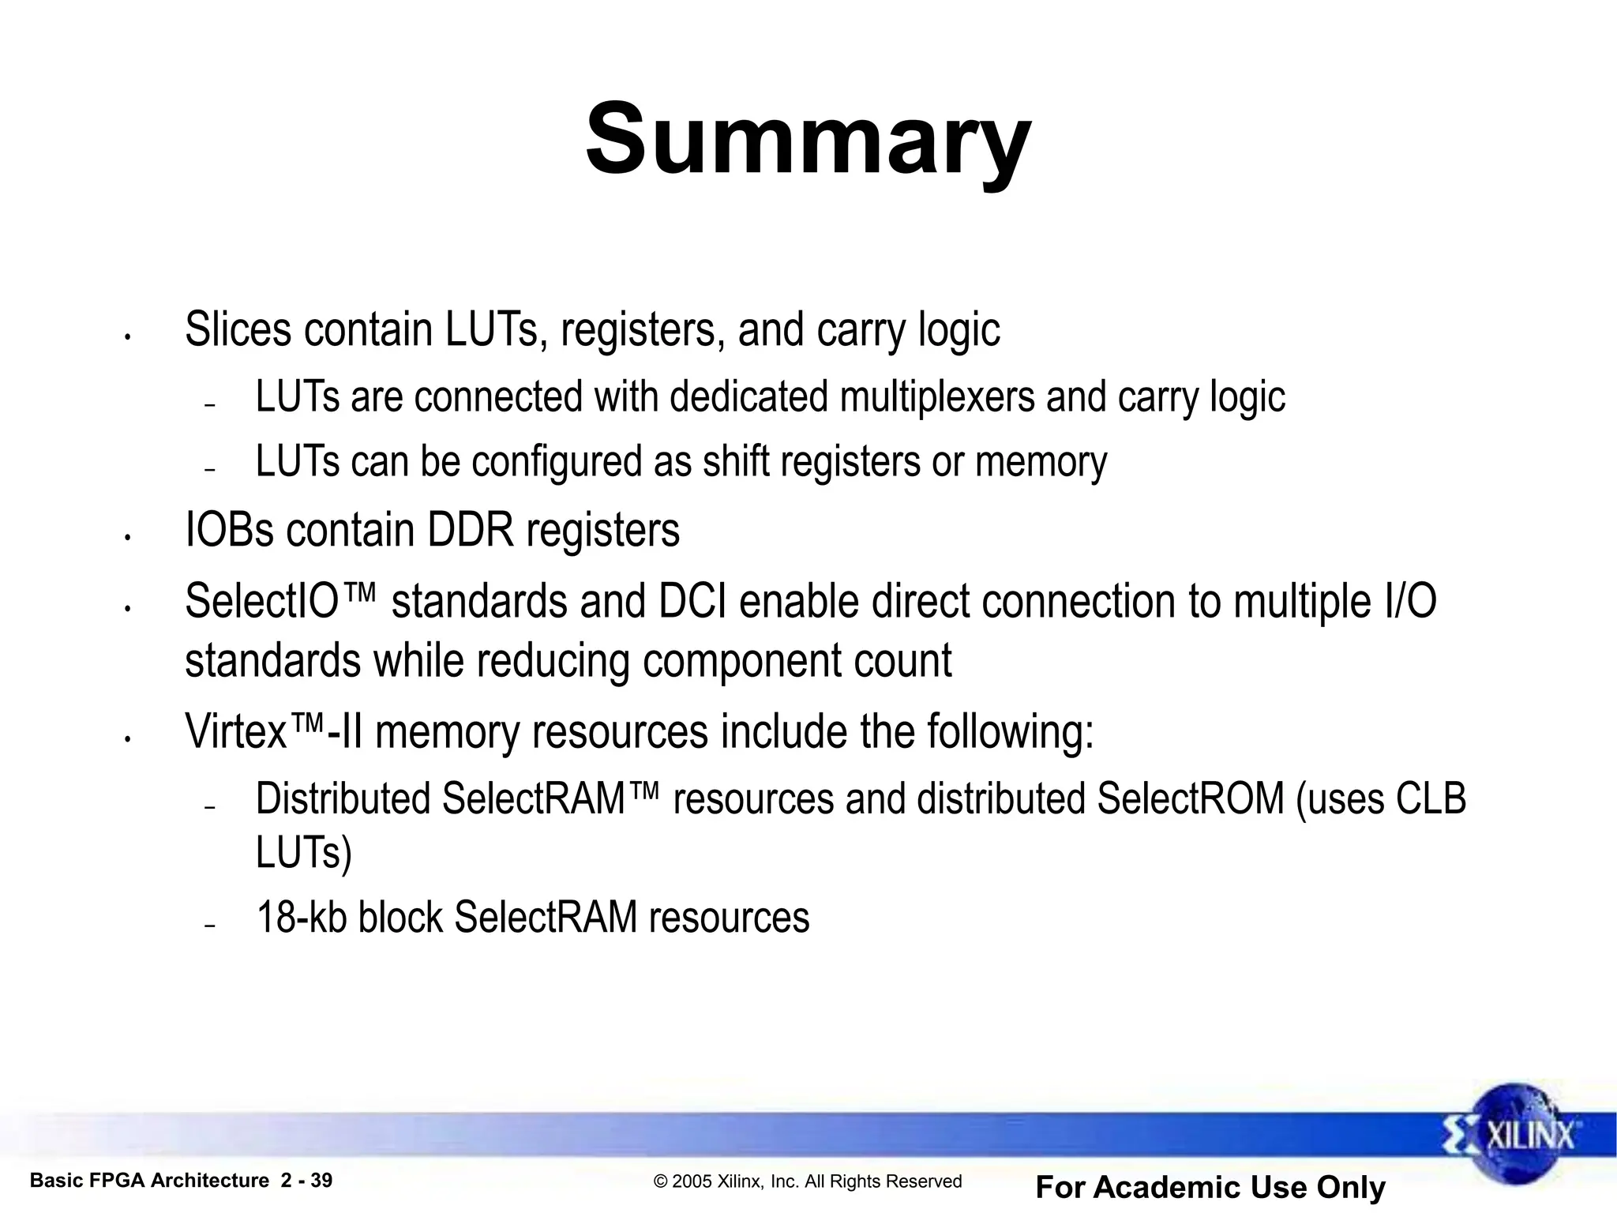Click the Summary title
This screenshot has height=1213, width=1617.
pos(808,141)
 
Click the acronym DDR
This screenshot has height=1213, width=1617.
pos(471,530)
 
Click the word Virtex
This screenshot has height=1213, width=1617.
pos(235,732)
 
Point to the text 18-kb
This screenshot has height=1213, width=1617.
pos(302,918)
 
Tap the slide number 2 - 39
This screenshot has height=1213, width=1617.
pos(306,1181)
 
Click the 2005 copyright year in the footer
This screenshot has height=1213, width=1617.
pos(690,1181)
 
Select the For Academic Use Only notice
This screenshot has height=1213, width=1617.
pos(1210,1187)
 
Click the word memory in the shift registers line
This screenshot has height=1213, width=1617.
pos(1041,462)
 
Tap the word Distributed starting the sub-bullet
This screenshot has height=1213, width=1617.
pos(343,799)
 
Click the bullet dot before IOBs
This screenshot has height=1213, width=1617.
pos(126,538)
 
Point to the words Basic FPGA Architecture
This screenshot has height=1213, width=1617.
pos(149,1181)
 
